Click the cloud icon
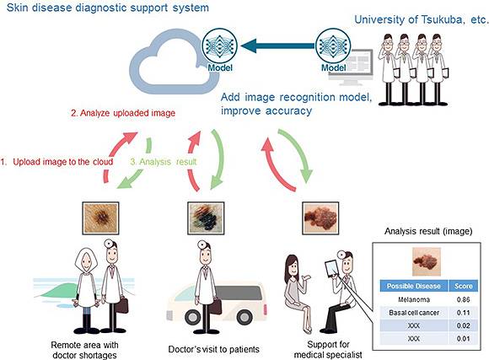point(164,61)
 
